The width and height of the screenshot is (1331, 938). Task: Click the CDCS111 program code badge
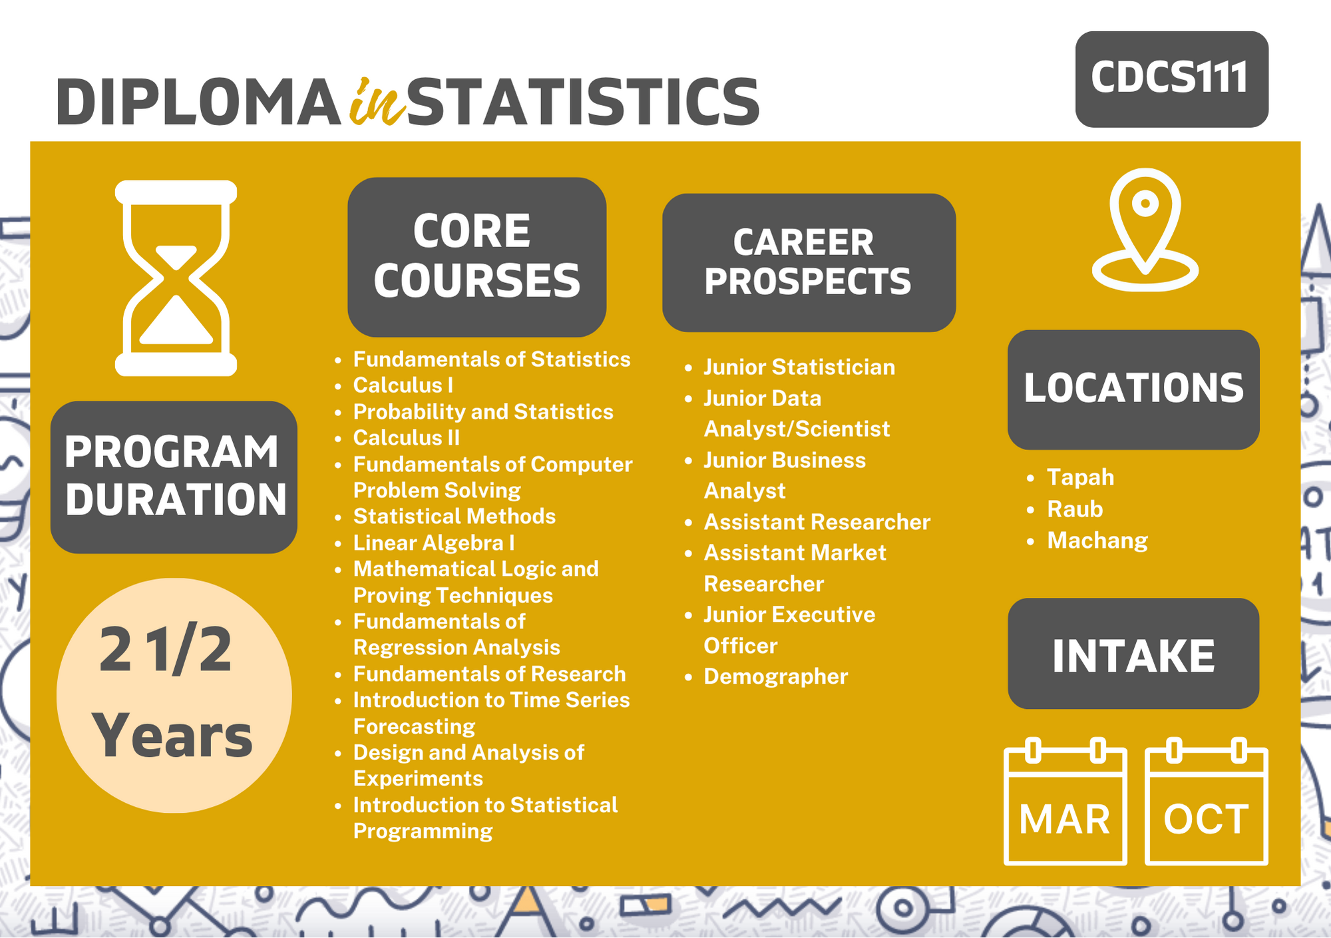(1171, 79)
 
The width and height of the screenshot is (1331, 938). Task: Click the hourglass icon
(176, 278)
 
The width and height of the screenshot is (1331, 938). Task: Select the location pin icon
(1145, 230)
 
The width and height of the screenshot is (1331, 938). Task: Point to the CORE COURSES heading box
(476, 257)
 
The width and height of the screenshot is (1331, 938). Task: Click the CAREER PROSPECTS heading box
(809, 262)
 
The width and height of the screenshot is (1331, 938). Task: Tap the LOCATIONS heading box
(1133, 389)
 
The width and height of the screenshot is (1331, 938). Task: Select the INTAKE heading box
(1133, 653)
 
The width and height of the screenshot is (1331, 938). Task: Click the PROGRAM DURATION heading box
(174, 477)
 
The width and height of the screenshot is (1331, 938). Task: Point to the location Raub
(1075, 509)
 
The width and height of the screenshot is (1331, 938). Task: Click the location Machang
(1097, 541)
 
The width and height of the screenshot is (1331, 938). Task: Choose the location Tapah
(1080, 477)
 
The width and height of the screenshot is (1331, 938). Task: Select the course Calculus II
(407, 438)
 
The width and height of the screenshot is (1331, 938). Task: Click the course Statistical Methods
(455, 517)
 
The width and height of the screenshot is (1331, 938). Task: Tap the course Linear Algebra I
(434, 543)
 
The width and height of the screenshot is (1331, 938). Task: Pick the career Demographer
(776, 677)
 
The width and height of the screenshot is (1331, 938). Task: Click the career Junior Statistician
(799, 367)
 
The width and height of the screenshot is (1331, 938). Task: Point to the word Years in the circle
(173, 736)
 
